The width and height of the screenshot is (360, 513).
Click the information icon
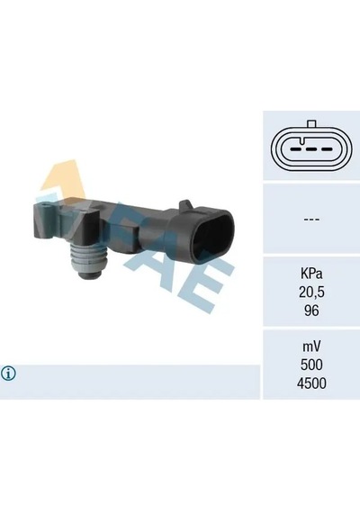tap(8, 373)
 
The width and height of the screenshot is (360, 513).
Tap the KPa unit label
tap(311, 274)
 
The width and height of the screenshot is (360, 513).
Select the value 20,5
tap(311, 292)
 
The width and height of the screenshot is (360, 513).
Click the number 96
tap(311, 310)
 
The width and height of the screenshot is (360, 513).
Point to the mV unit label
tap(311, 346)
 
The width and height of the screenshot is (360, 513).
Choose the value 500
tap(311, 364)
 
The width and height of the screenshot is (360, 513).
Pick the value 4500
tap(311, 383)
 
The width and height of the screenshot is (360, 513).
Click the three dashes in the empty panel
tap(311, 219)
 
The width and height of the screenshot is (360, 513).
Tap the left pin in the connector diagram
tap(296, 149)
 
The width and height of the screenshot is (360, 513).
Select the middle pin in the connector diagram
tap(311, 149)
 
